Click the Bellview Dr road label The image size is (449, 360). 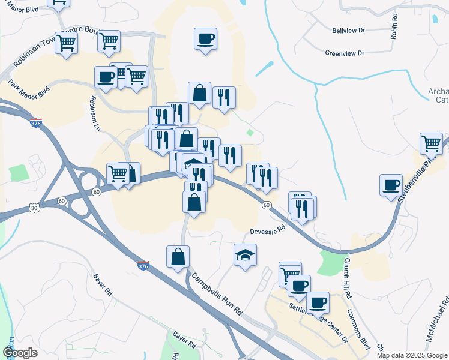point(348,29)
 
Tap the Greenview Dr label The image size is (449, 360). point(345,53)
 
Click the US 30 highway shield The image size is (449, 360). point(34,208)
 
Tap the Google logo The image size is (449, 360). point(20,353)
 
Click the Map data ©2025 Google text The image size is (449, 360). point(412,355)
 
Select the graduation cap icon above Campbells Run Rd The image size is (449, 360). point(245,255)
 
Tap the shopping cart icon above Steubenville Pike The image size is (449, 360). point(431,143)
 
